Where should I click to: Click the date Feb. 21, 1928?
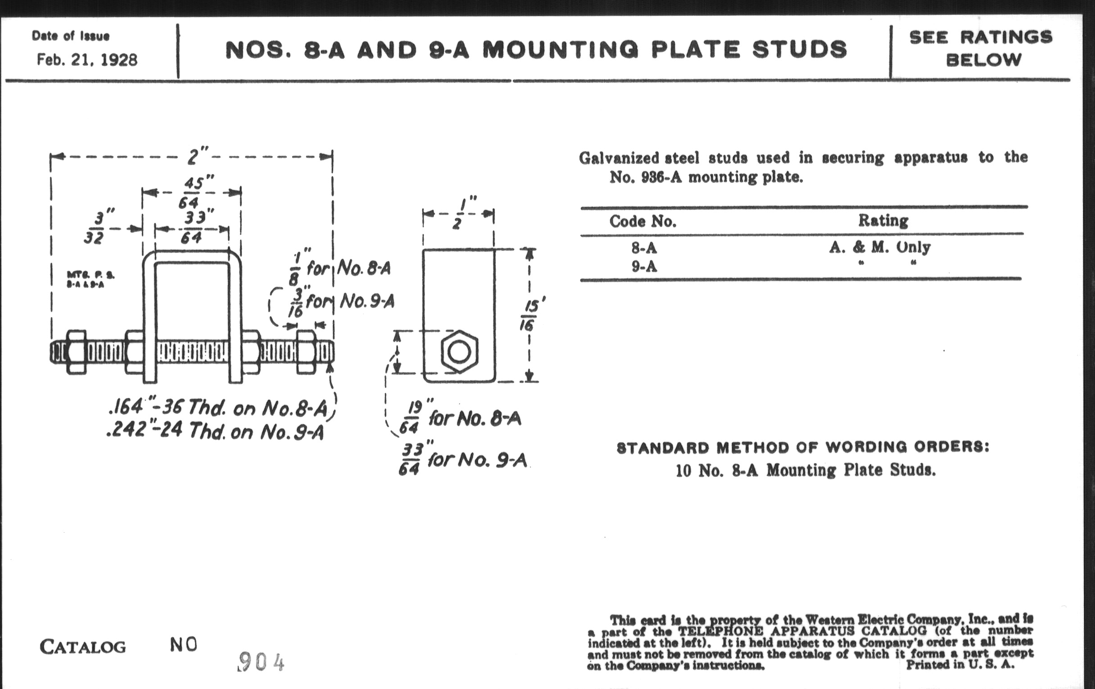click(87, 59)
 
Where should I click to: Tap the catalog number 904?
click(261, 662)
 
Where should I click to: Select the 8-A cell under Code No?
click(644, 248)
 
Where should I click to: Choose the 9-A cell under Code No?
click(644, 267)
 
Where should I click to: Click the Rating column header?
click(882, 221)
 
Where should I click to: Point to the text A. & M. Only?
click(879, 247)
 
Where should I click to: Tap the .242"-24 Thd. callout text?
click(215, 431)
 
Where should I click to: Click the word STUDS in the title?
click(800, 50)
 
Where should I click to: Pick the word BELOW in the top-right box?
click(983, 60)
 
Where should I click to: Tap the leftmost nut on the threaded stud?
click(76, 353)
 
